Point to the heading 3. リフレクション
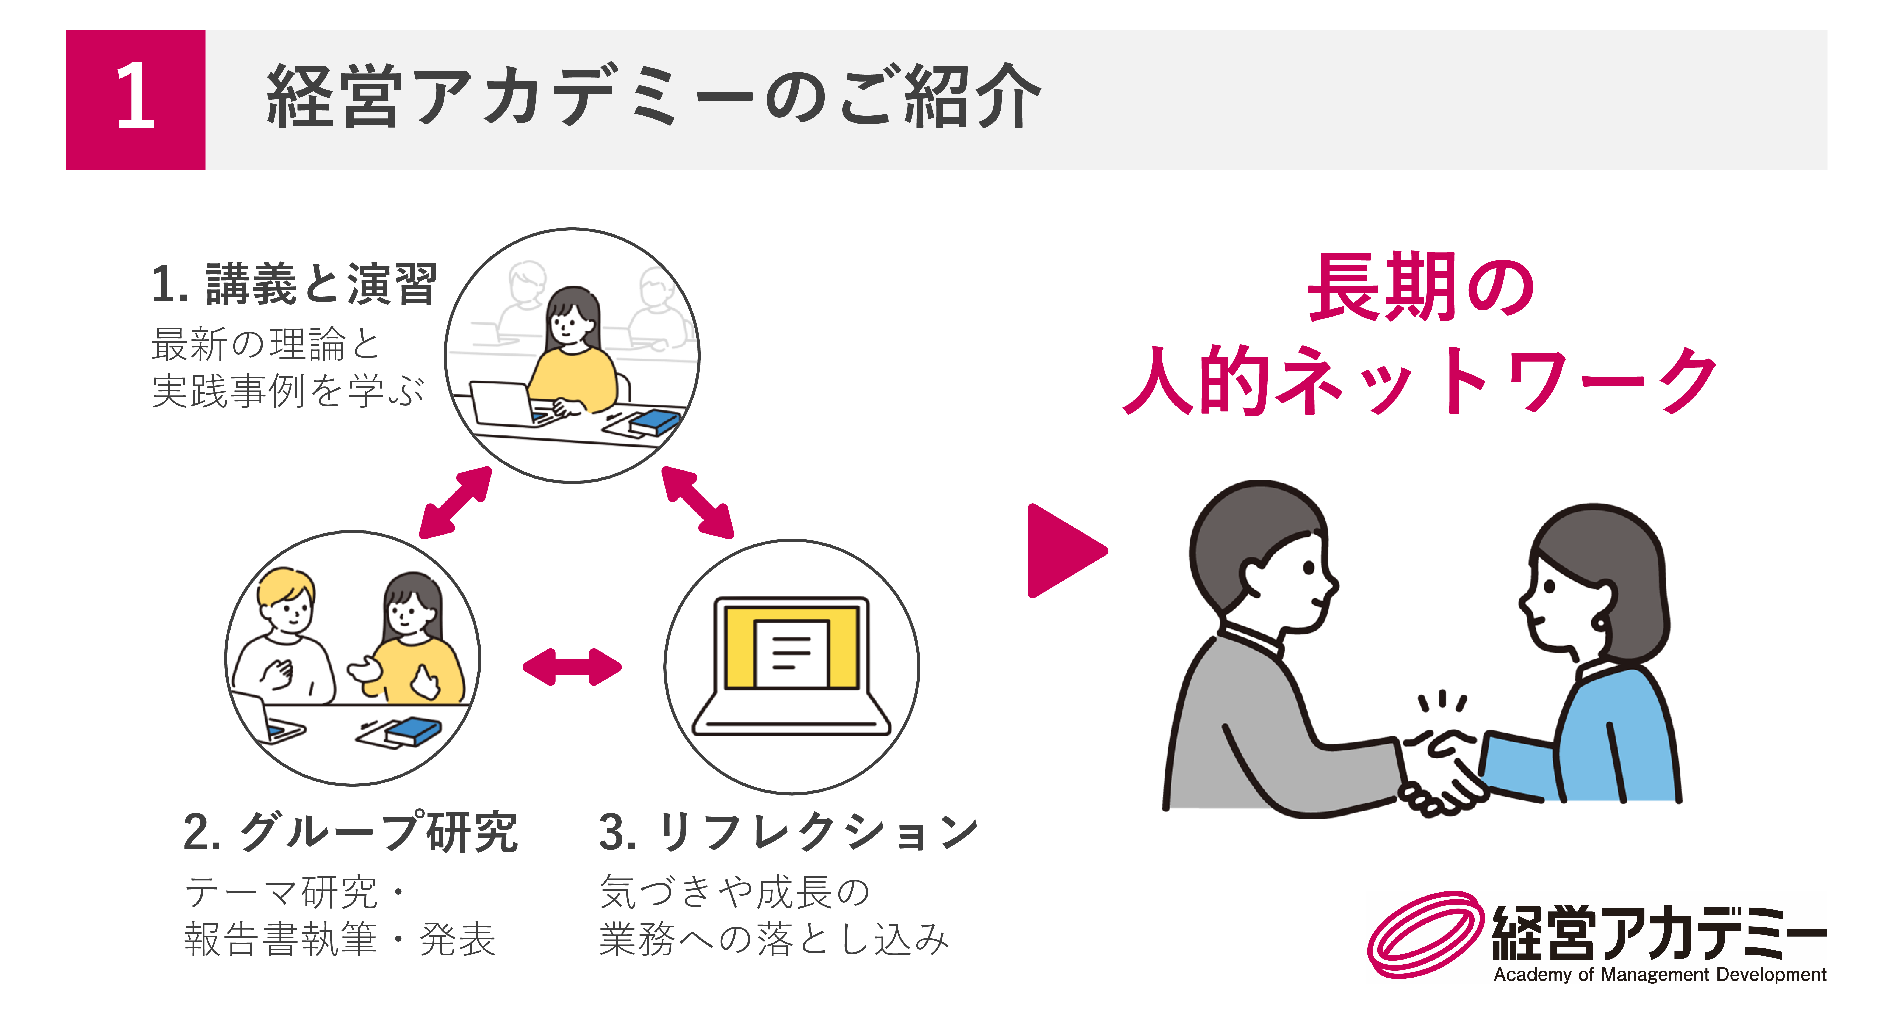[x=789, y=832]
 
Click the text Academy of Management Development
[x=1660, y=975]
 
